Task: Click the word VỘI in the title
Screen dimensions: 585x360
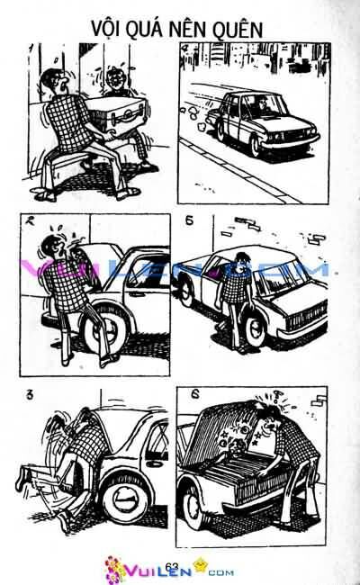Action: click(109, 29)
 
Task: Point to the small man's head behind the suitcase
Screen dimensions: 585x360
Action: click(114, 83)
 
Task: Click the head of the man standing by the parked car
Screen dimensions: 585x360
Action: click(240, 267)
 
